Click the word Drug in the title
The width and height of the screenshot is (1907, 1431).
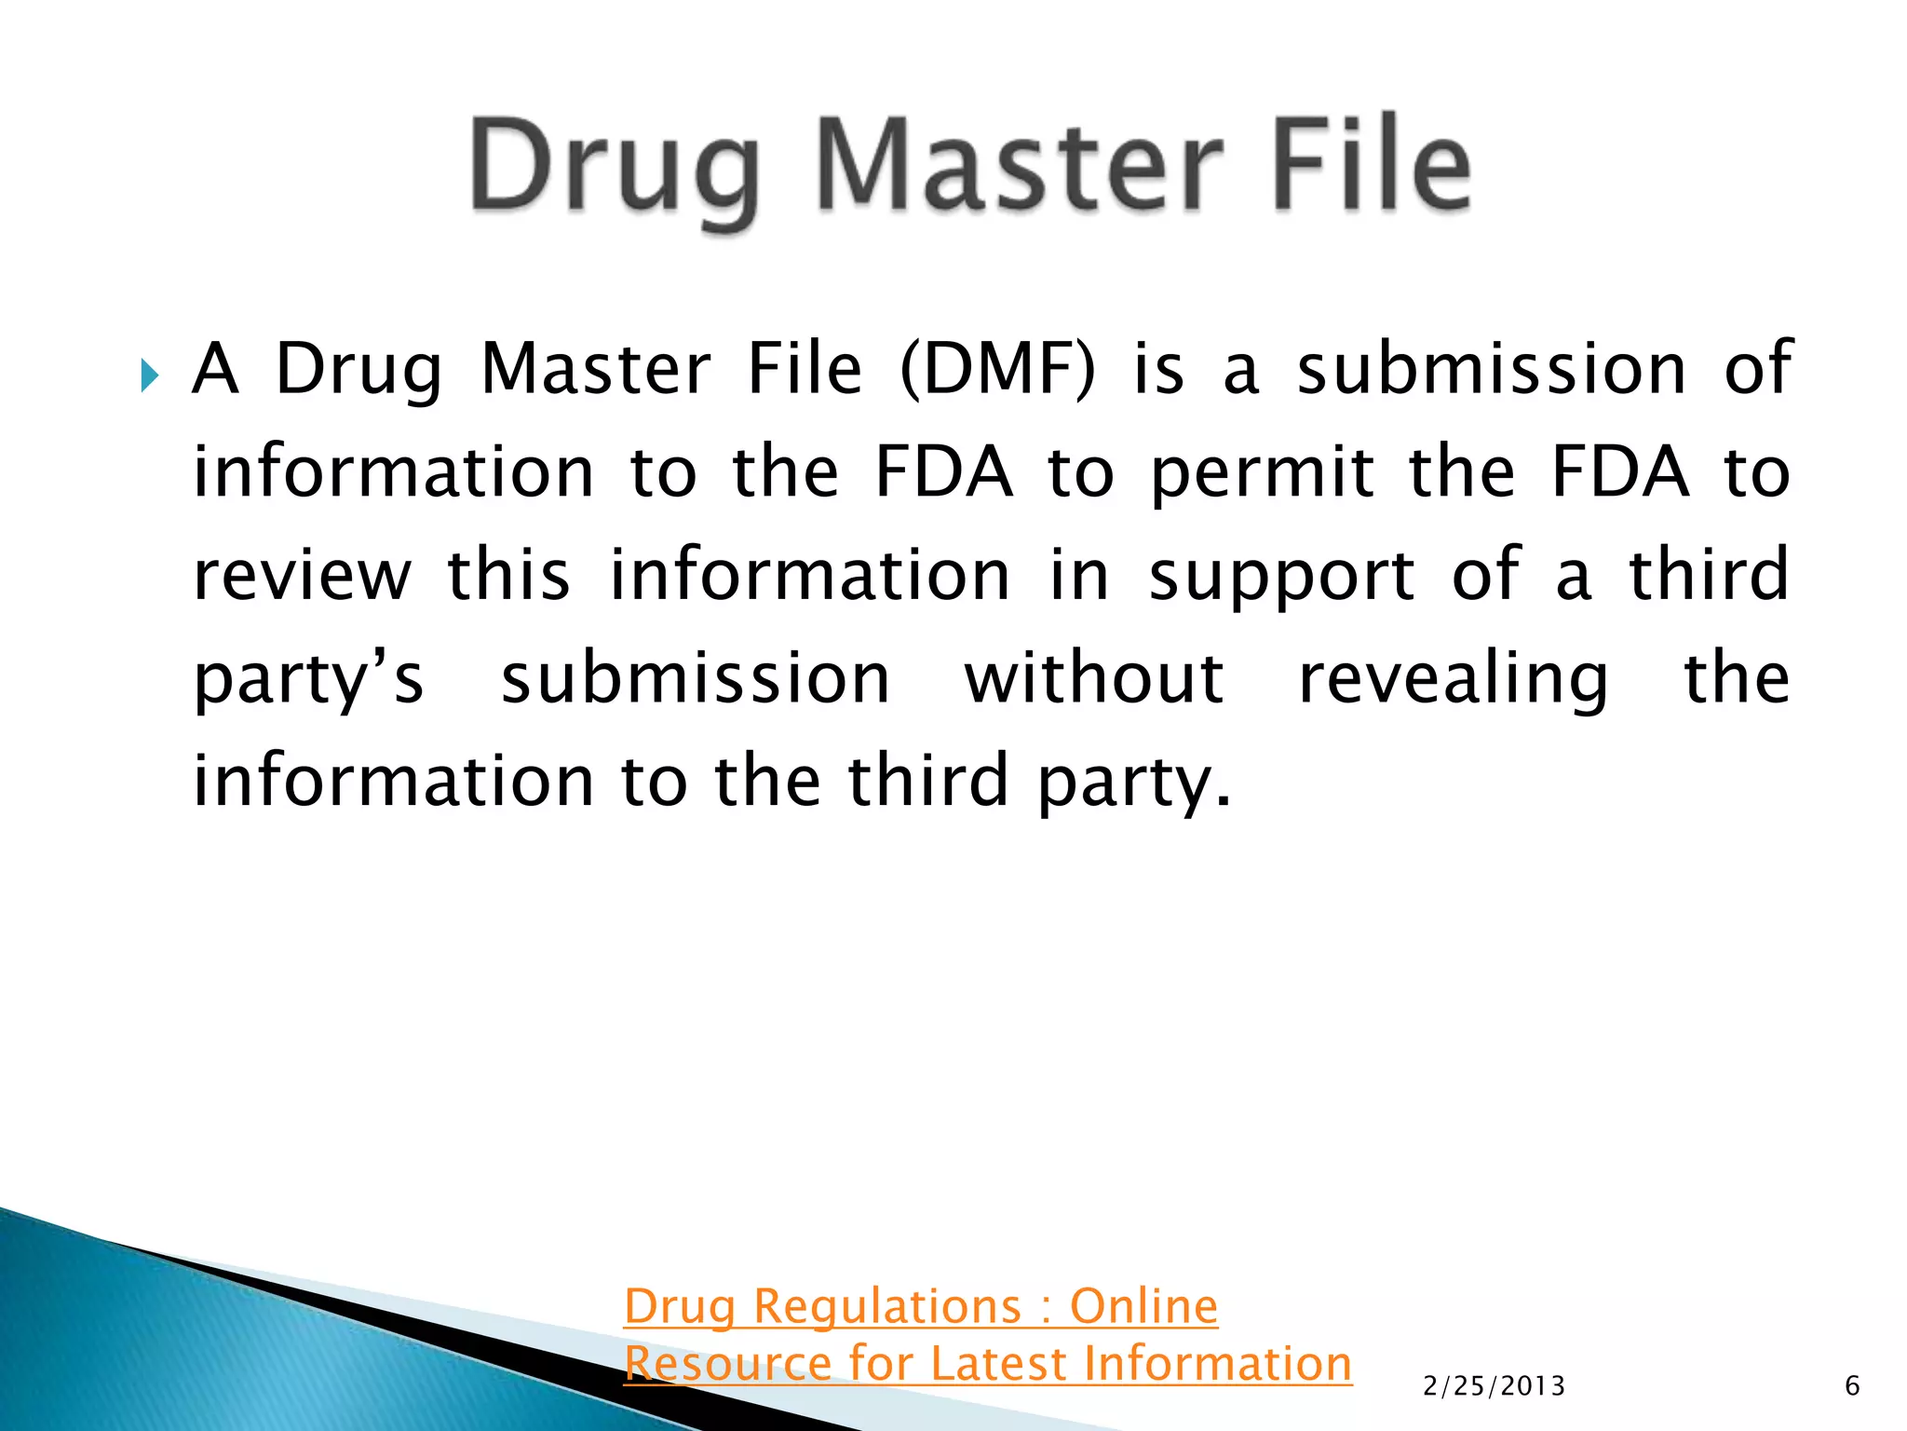click(615, 168)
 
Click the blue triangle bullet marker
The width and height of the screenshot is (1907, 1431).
click(150, 377)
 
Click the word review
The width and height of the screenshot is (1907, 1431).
click(303, 575)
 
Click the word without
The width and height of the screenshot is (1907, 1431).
click(1094, 677)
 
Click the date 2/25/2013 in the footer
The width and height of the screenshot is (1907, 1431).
click(1494, 1386)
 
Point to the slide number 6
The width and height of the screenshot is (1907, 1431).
click(1851, 1386)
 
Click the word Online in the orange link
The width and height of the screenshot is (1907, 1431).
click(1143, 1305)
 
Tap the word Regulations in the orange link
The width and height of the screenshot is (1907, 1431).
click(886, 1307)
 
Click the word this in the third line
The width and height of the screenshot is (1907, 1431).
click(508, 575)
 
